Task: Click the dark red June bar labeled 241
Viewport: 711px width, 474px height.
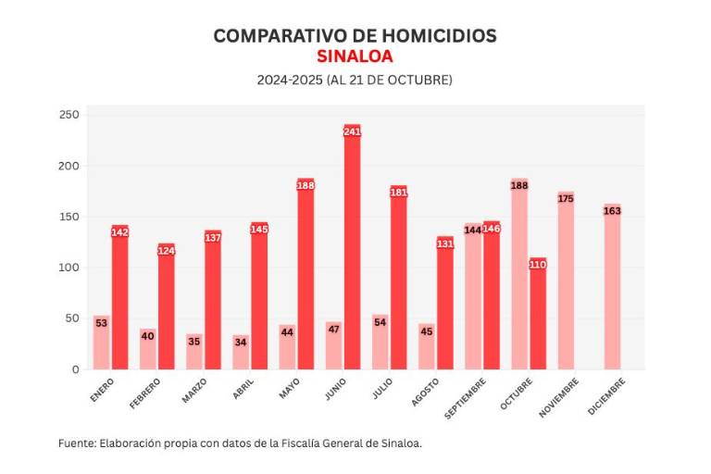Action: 352,250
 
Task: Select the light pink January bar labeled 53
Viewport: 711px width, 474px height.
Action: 101,344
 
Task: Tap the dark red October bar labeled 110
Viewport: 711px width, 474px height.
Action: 538,315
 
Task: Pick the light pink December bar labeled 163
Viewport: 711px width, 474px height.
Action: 612,287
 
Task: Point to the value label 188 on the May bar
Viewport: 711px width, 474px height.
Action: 306,185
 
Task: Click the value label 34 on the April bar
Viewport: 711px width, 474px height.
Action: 241,341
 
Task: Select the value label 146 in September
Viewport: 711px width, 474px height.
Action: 492,228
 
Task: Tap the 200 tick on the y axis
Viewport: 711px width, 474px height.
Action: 71,167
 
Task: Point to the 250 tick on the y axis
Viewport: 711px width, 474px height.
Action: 71,116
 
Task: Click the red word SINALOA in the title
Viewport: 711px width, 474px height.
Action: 355,56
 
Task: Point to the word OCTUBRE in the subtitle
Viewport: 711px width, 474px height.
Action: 418,81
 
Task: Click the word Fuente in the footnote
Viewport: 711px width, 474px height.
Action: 77,443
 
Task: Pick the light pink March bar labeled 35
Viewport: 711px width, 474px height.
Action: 193,352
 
